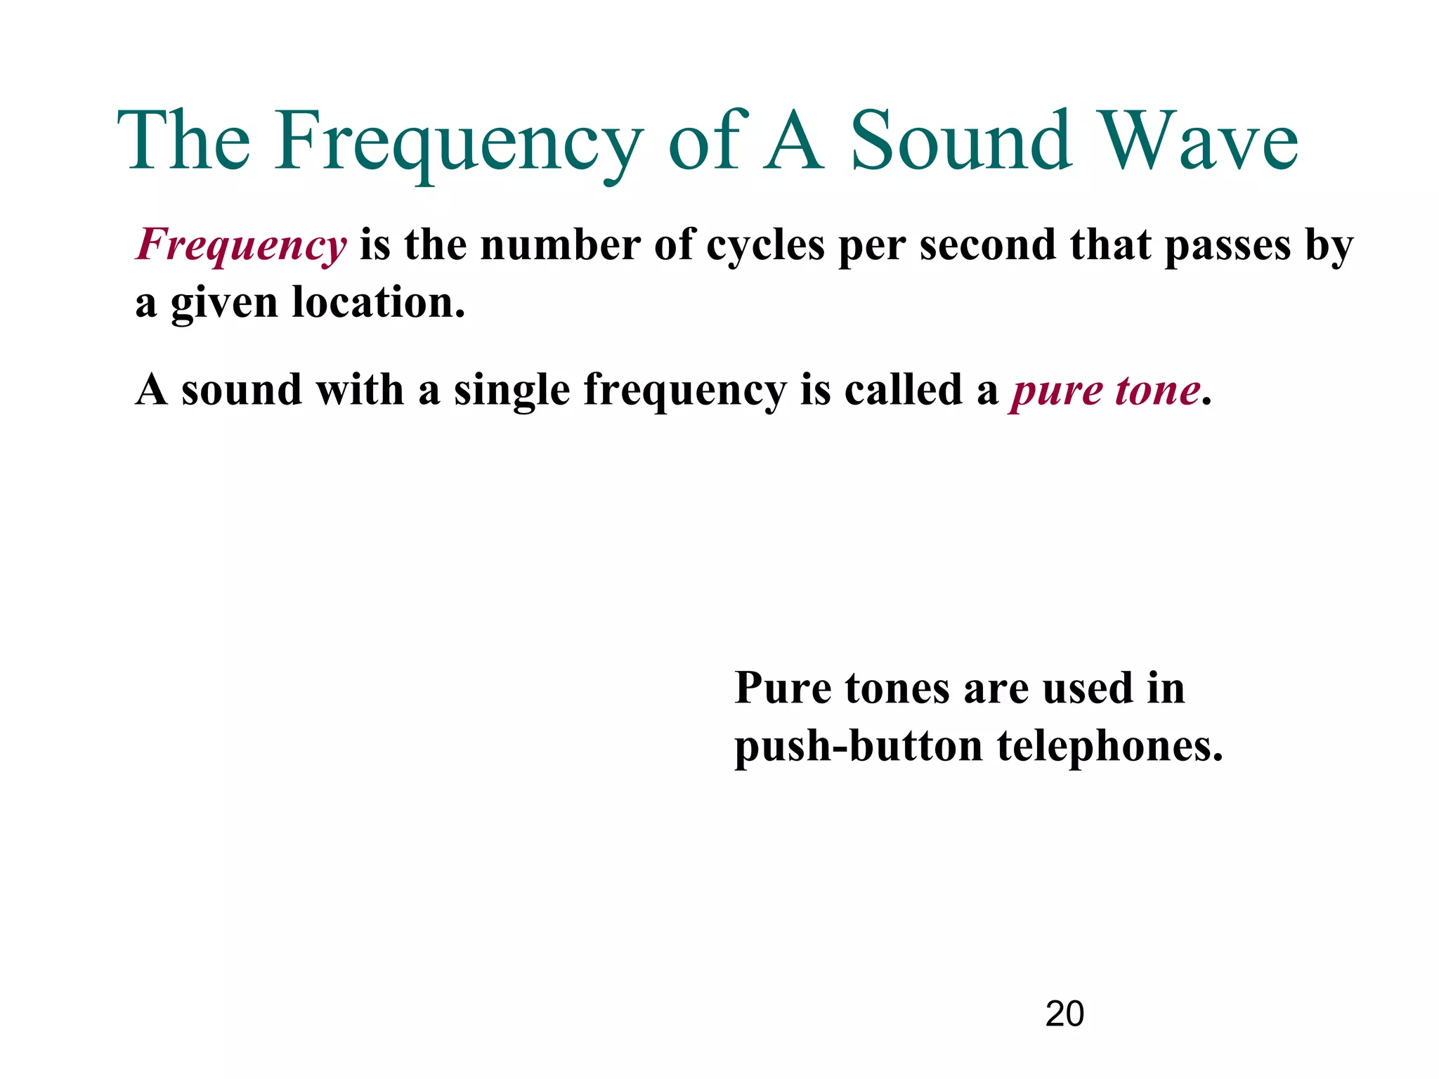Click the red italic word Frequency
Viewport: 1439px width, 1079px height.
tap(241, 246)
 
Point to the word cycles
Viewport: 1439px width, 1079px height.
tap(764, 246)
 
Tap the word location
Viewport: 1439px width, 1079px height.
tap(378, 303)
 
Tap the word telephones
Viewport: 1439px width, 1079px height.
tap(1109, 746)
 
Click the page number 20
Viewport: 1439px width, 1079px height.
tap(1064, 1014)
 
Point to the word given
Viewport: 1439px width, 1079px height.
tap(224, 304)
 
